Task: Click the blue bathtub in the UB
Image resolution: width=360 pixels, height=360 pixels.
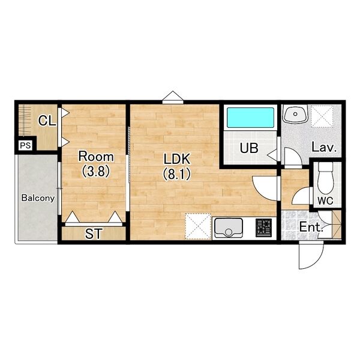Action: coord(250,118)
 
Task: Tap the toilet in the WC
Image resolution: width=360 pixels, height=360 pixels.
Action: coord(326,178)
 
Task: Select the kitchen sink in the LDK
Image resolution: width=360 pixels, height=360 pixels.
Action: coord(229,228)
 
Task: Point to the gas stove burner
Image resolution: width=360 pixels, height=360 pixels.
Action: coord(263,228)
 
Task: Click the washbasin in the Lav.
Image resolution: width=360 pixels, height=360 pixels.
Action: coord(295,114)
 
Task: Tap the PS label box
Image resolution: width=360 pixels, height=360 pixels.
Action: coord(25,145)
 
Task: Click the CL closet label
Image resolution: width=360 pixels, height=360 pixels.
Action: coord(47,121)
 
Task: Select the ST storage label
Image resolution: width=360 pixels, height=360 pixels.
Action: coord(93,234)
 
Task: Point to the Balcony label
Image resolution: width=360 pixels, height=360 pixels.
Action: coord(38,198)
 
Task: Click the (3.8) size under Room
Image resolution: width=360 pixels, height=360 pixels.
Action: coord(96,171)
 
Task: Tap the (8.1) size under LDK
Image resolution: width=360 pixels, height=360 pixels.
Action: coord(177,174)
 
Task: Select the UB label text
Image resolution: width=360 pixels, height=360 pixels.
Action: coord(249,148)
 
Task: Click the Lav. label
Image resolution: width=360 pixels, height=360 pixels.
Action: coord(324,148)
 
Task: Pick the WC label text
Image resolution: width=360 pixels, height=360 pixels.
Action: coord(325,200)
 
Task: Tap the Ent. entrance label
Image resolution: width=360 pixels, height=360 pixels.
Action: coord(311,227)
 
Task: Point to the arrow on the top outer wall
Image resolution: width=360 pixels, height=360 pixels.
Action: coord(173,97)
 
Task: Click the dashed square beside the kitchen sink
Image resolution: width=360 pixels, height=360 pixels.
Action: coord(198,226)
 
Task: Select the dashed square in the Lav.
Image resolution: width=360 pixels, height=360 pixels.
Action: coord(322,116)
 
